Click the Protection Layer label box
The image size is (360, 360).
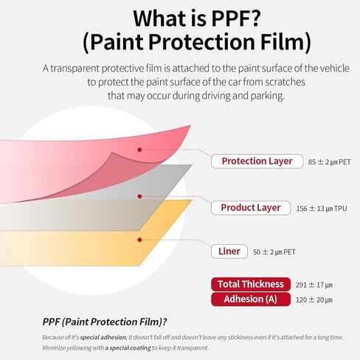(257, 162)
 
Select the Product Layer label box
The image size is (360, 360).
(251, 208)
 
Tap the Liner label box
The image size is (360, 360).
(229, 252)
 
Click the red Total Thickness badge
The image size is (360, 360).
(251, 284)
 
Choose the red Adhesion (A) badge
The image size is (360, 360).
(251, 300)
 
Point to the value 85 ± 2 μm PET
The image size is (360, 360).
(330, 162)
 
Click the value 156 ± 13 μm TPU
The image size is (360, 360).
(322, 209)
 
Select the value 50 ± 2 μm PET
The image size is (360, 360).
(274, 252)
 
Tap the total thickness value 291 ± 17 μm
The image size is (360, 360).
(314, 285)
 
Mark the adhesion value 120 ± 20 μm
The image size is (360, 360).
(314, 300)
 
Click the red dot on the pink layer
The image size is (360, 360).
(139, 150)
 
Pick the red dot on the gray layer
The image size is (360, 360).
(139, 196)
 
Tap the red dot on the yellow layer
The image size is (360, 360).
(139, 240)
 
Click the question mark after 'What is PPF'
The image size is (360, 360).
(252, 18)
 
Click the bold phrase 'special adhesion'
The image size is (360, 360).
(103, 337)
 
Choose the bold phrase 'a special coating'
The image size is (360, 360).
(128, 348)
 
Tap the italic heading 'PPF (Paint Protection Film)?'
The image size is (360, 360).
(105, 322)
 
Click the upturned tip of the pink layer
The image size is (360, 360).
(190, 125)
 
